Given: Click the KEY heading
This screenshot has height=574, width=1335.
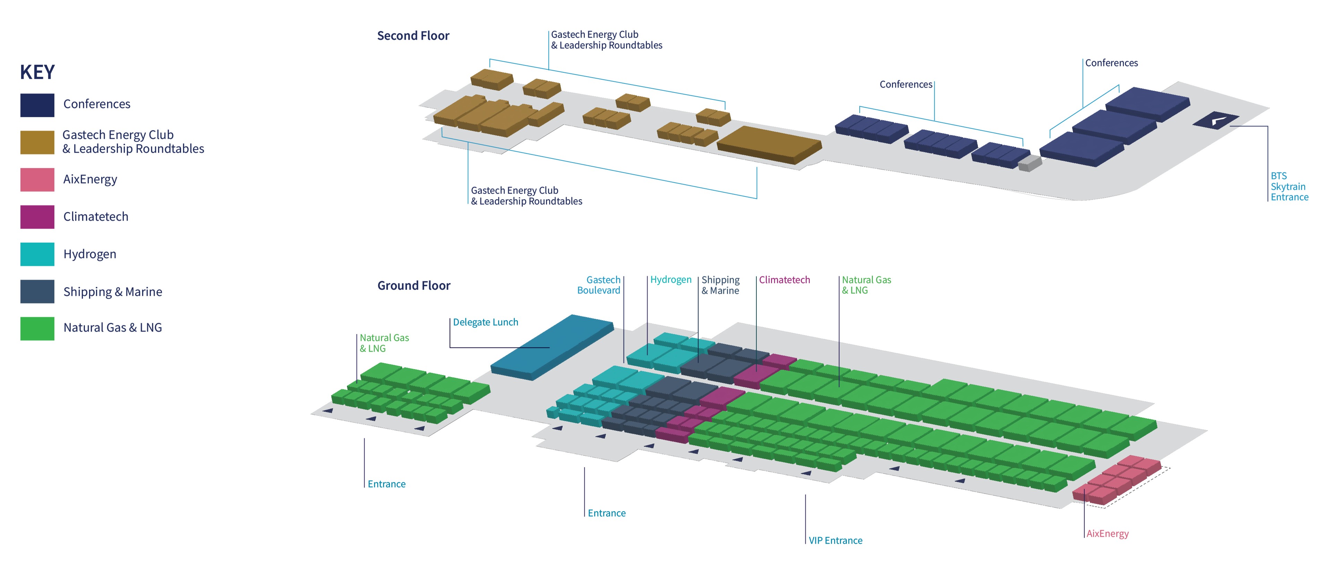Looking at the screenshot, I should click(37, 72).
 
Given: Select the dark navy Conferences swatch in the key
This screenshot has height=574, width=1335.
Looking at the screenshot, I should click(37, 105).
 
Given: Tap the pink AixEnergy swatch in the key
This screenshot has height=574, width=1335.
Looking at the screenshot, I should click(37, 180).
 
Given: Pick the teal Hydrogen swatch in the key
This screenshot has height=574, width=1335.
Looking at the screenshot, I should click(37, 254).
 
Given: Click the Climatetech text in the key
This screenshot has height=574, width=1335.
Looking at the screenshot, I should click(96, 217).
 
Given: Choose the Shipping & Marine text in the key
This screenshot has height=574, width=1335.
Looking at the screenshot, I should click(112, 292).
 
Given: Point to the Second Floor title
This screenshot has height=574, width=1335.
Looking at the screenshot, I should click(413, 36).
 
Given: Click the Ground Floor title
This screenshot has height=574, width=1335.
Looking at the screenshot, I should click(414, 286).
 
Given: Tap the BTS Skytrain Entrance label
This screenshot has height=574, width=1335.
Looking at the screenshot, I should click(1289, 186).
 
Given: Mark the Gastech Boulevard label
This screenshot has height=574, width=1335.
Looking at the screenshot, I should click(599, 285).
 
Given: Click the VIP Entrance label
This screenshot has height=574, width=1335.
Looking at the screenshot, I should click(835, 540).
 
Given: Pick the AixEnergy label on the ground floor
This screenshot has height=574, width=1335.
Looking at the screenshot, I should click(1108, 533).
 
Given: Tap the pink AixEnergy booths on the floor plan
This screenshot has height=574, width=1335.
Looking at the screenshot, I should click(1117, 479).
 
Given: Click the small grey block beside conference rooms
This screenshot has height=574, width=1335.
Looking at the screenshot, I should click(1030, 164).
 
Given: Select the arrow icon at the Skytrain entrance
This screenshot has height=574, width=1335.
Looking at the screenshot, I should click(1216, 121).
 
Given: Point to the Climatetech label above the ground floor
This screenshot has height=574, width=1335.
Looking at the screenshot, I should click(784, 280).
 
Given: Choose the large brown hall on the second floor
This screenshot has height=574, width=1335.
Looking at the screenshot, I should click(770, 145).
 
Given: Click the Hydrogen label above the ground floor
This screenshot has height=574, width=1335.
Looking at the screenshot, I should click(670, 280).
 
